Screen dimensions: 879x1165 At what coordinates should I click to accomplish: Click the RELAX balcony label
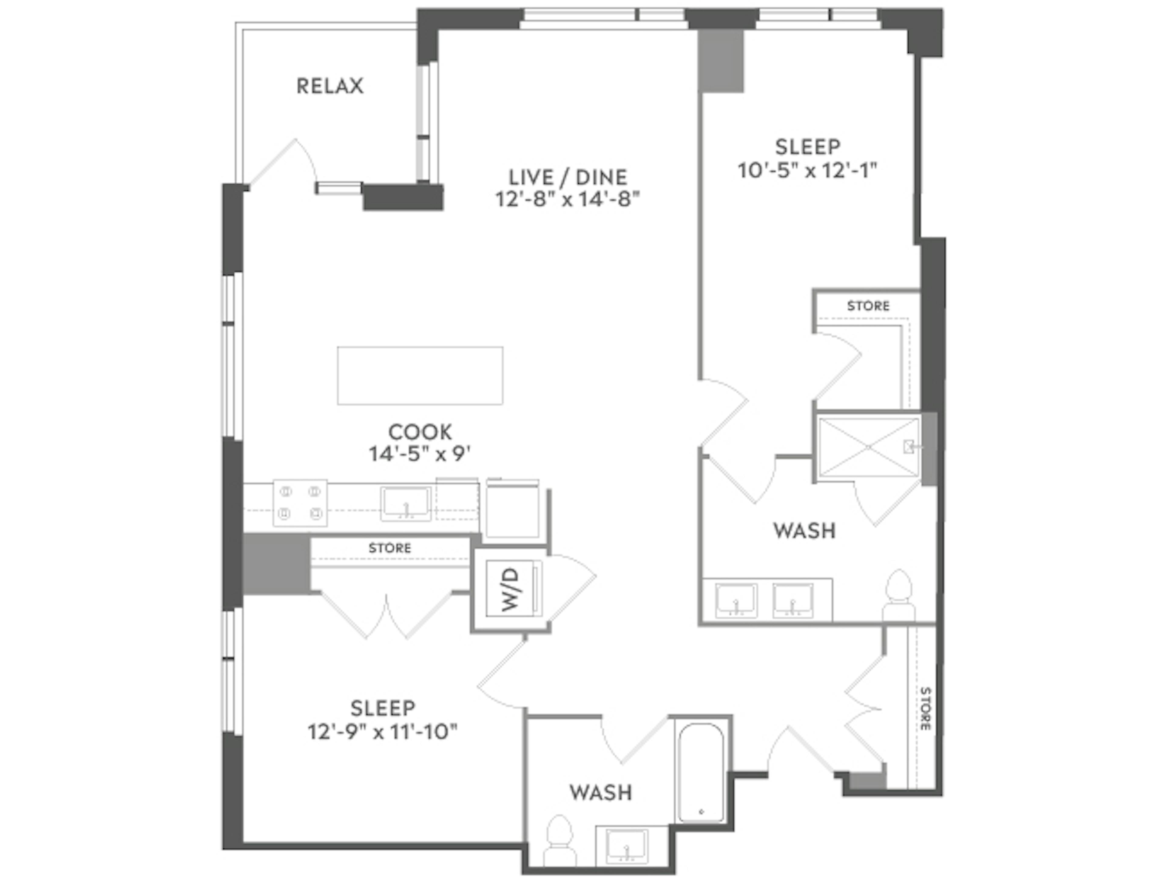pyautogui.click(x=330, y=86)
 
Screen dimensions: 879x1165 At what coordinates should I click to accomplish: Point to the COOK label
pyautogui.click(x=420, y=432)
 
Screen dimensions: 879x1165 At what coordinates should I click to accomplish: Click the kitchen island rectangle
pyautogui.click(x=420, y=375)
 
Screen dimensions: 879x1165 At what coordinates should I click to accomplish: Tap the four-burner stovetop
pyautogui.click(x=300, y=503)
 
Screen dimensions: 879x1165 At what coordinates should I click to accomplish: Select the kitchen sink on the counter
pyautogui.click(x=406, y=504)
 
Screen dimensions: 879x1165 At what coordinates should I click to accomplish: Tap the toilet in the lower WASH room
pyautogui.click(x=559, y=842)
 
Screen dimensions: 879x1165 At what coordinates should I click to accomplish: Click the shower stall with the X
pyautogui.click(x=869, y=447)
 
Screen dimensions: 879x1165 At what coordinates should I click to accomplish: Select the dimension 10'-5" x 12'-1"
pyautogui.click(x=807, y=171)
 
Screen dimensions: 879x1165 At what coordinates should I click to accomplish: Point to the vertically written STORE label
pyautogui.click(x=925, y=708)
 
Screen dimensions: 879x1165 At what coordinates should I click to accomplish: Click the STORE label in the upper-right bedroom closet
pyautogui.click(x=868, y=306)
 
